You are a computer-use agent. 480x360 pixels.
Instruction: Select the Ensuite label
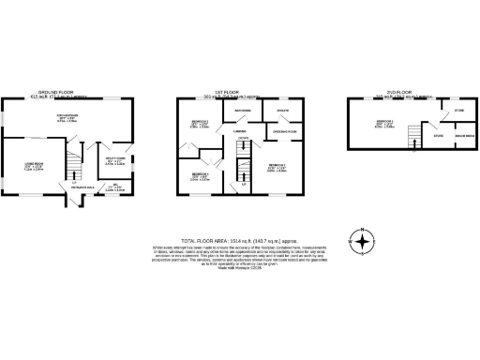[x=281, y=111]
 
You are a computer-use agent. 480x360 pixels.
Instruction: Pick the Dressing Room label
[x=285, y=130]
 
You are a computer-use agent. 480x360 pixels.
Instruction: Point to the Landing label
[x=239, y=132]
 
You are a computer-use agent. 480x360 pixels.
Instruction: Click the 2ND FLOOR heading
[x=392, y=93]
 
